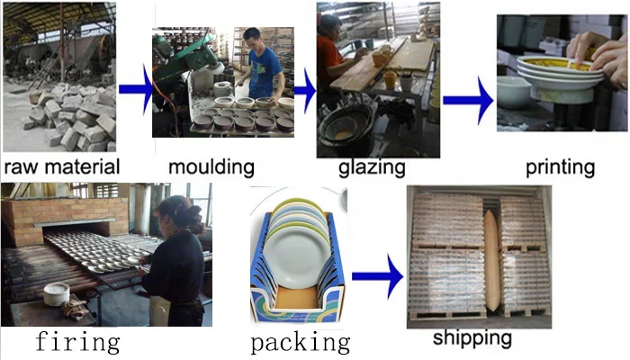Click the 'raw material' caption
click(x=61, y=166)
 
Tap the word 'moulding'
click(x=211, y=166)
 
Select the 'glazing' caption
click(x=375, y=167)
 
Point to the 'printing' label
click(x=561, y=166)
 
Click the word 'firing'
click(x=76, y=341)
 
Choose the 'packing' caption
click(x=300, y=342)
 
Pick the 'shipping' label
click(x=472, y=338)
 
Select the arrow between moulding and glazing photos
click(x=305, y=91)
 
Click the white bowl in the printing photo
click(x=514, y=92)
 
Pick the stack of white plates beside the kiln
click(x=57, y=293)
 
